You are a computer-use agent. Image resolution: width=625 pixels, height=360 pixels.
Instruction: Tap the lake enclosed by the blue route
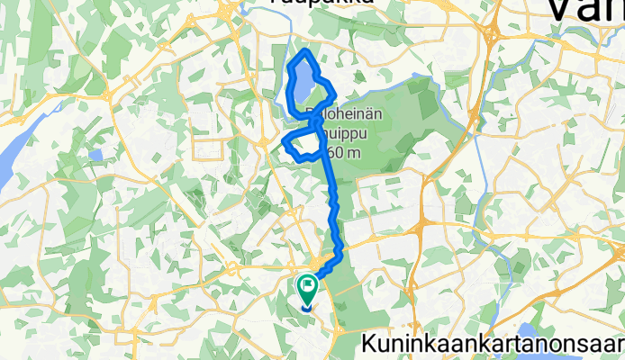tap(303, 85)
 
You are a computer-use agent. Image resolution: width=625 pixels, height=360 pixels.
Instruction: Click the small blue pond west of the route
tap(95, 154)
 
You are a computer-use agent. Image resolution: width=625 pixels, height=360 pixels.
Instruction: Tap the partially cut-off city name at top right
tap(585, 13)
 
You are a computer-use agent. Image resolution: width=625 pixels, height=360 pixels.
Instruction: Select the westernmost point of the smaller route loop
tap(285, 141)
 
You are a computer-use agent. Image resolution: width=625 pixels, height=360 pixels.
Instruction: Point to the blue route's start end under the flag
tap(307, 306)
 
